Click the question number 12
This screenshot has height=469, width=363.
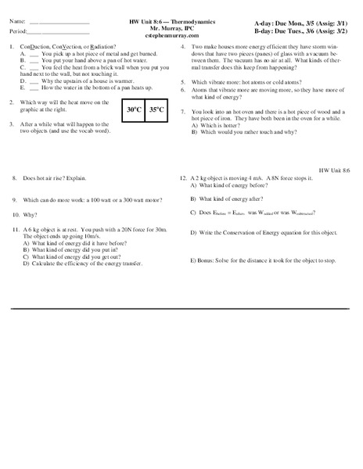[183, 177]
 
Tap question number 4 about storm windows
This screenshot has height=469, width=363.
[183, 48]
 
